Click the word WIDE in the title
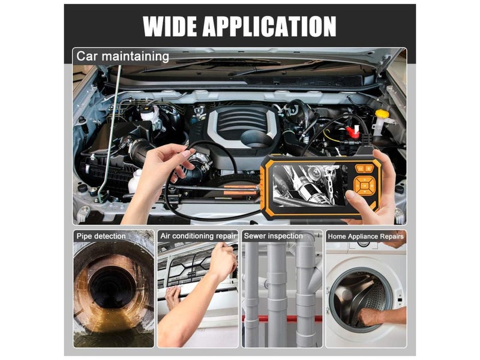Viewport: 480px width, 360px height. coord(173,26)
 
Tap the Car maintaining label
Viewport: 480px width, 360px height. coord(122,56)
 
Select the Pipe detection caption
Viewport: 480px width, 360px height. coord(101,236)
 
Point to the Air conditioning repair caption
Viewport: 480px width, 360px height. coord(198,236)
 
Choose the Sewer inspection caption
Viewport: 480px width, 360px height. coord(273,236)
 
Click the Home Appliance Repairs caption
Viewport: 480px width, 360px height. coord(365,236)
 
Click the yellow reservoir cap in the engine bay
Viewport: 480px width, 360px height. coord(382,113)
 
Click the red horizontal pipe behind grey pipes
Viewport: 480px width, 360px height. coord(282,317)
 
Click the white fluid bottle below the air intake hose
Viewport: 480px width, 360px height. coord(136,181)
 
